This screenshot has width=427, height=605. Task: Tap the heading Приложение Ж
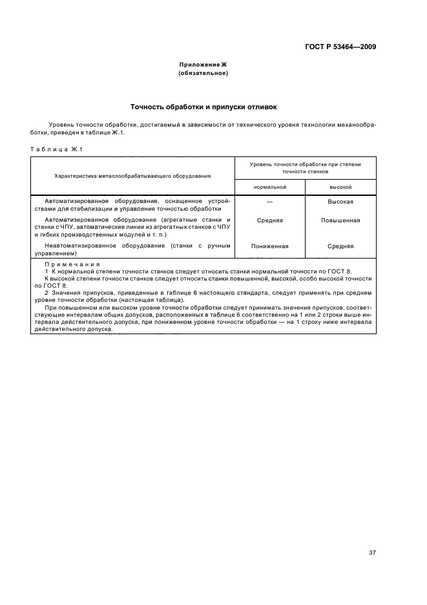coord(203,65)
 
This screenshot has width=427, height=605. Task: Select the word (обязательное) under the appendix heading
coord(203,73)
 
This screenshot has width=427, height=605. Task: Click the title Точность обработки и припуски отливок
coord(203,107)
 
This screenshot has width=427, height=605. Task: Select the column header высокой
coord(340,186)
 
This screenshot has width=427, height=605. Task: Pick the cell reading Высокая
coord(340,202)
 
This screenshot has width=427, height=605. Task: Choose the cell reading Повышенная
coord(340,220)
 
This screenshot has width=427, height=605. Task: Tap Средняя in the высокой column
coord(340,246)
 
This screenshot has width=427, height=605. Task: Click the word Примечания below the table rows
coord(72,265)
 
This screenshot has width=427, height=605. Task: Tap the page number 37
coord(372,534)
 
